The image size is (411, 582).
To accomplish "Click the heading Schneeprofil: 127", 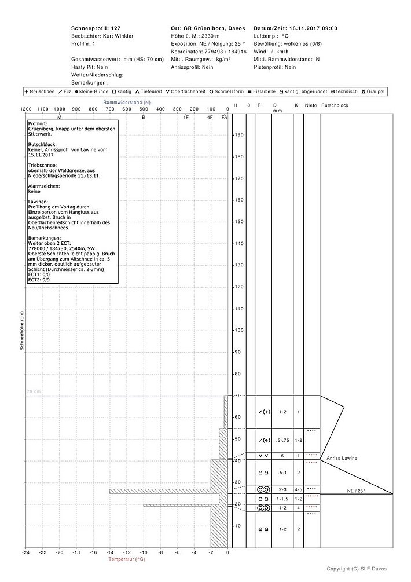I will [96, 28].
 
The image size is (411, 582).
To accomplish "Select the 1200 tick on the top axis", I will [25, 109].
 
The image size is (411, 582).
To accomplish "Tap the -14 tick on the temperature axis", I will [109, 552].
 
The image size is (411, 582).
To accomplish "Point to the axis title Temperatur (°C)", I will [127, 559].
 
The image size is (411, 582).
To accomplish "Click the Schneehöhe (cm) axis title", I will [21, 331].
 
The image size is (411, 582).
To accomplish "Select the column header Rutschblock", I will [334, 105].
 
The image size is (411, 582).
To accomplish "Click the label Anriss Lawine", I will [342, 459].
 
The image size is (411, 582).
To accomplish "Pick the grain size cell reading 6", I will [282, 456].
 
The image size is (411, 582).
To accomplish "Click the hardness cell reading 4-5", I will [298, 489].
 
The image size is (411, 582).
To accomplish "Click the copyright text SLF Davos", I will [367, 569].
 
